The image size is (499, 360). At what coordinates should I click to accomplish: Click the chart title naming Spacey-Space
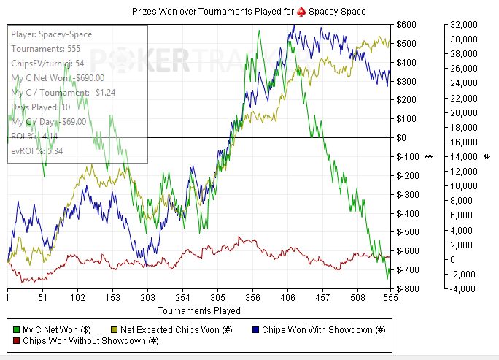(x=249, y=12)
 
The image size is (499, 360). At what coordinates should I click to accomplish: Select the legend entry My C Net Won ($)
(x=55, y=329)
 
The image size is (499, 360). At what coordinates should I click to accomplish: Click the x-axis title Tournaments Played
(x=199, y=310)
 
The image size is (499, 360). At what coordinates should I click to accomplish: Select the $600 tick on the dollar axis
(x=407, y=24)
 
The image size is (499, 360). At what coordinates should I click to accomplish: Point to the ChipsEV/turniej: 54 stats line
(x=53, y=64)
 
